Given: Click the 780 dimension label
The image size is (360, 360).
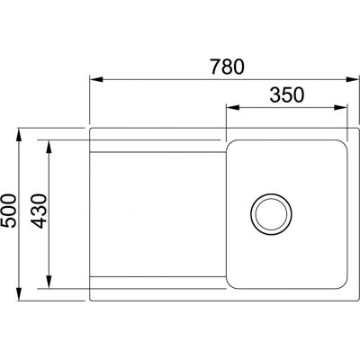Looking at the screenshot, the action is point(227,67).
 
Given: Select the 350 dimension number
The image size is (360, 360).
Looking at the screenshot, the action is point(287,95).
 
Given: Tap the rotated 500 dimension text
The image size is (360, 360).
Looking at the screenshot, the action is point(8,211).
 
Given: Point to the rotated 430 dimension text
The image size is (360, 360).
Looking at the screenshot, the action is point(40,211).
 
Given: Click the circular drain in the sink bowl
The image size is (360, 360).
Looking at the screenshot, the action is point(271,214).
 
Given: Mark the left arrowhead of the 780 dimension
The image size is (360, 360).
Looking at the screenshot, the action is point(96,79).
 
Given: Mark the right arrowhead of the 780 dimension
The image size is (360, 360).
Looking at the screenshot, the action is point(352,79).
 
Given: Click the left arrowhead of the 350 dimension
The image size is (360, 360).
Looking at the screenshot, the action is point(233,107).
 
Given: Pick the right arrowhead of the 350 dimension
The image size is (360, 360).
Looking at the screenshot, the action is point(340,107).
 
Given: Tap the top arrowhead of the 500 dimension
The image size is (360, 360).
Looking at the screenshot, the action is point(19,135).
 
